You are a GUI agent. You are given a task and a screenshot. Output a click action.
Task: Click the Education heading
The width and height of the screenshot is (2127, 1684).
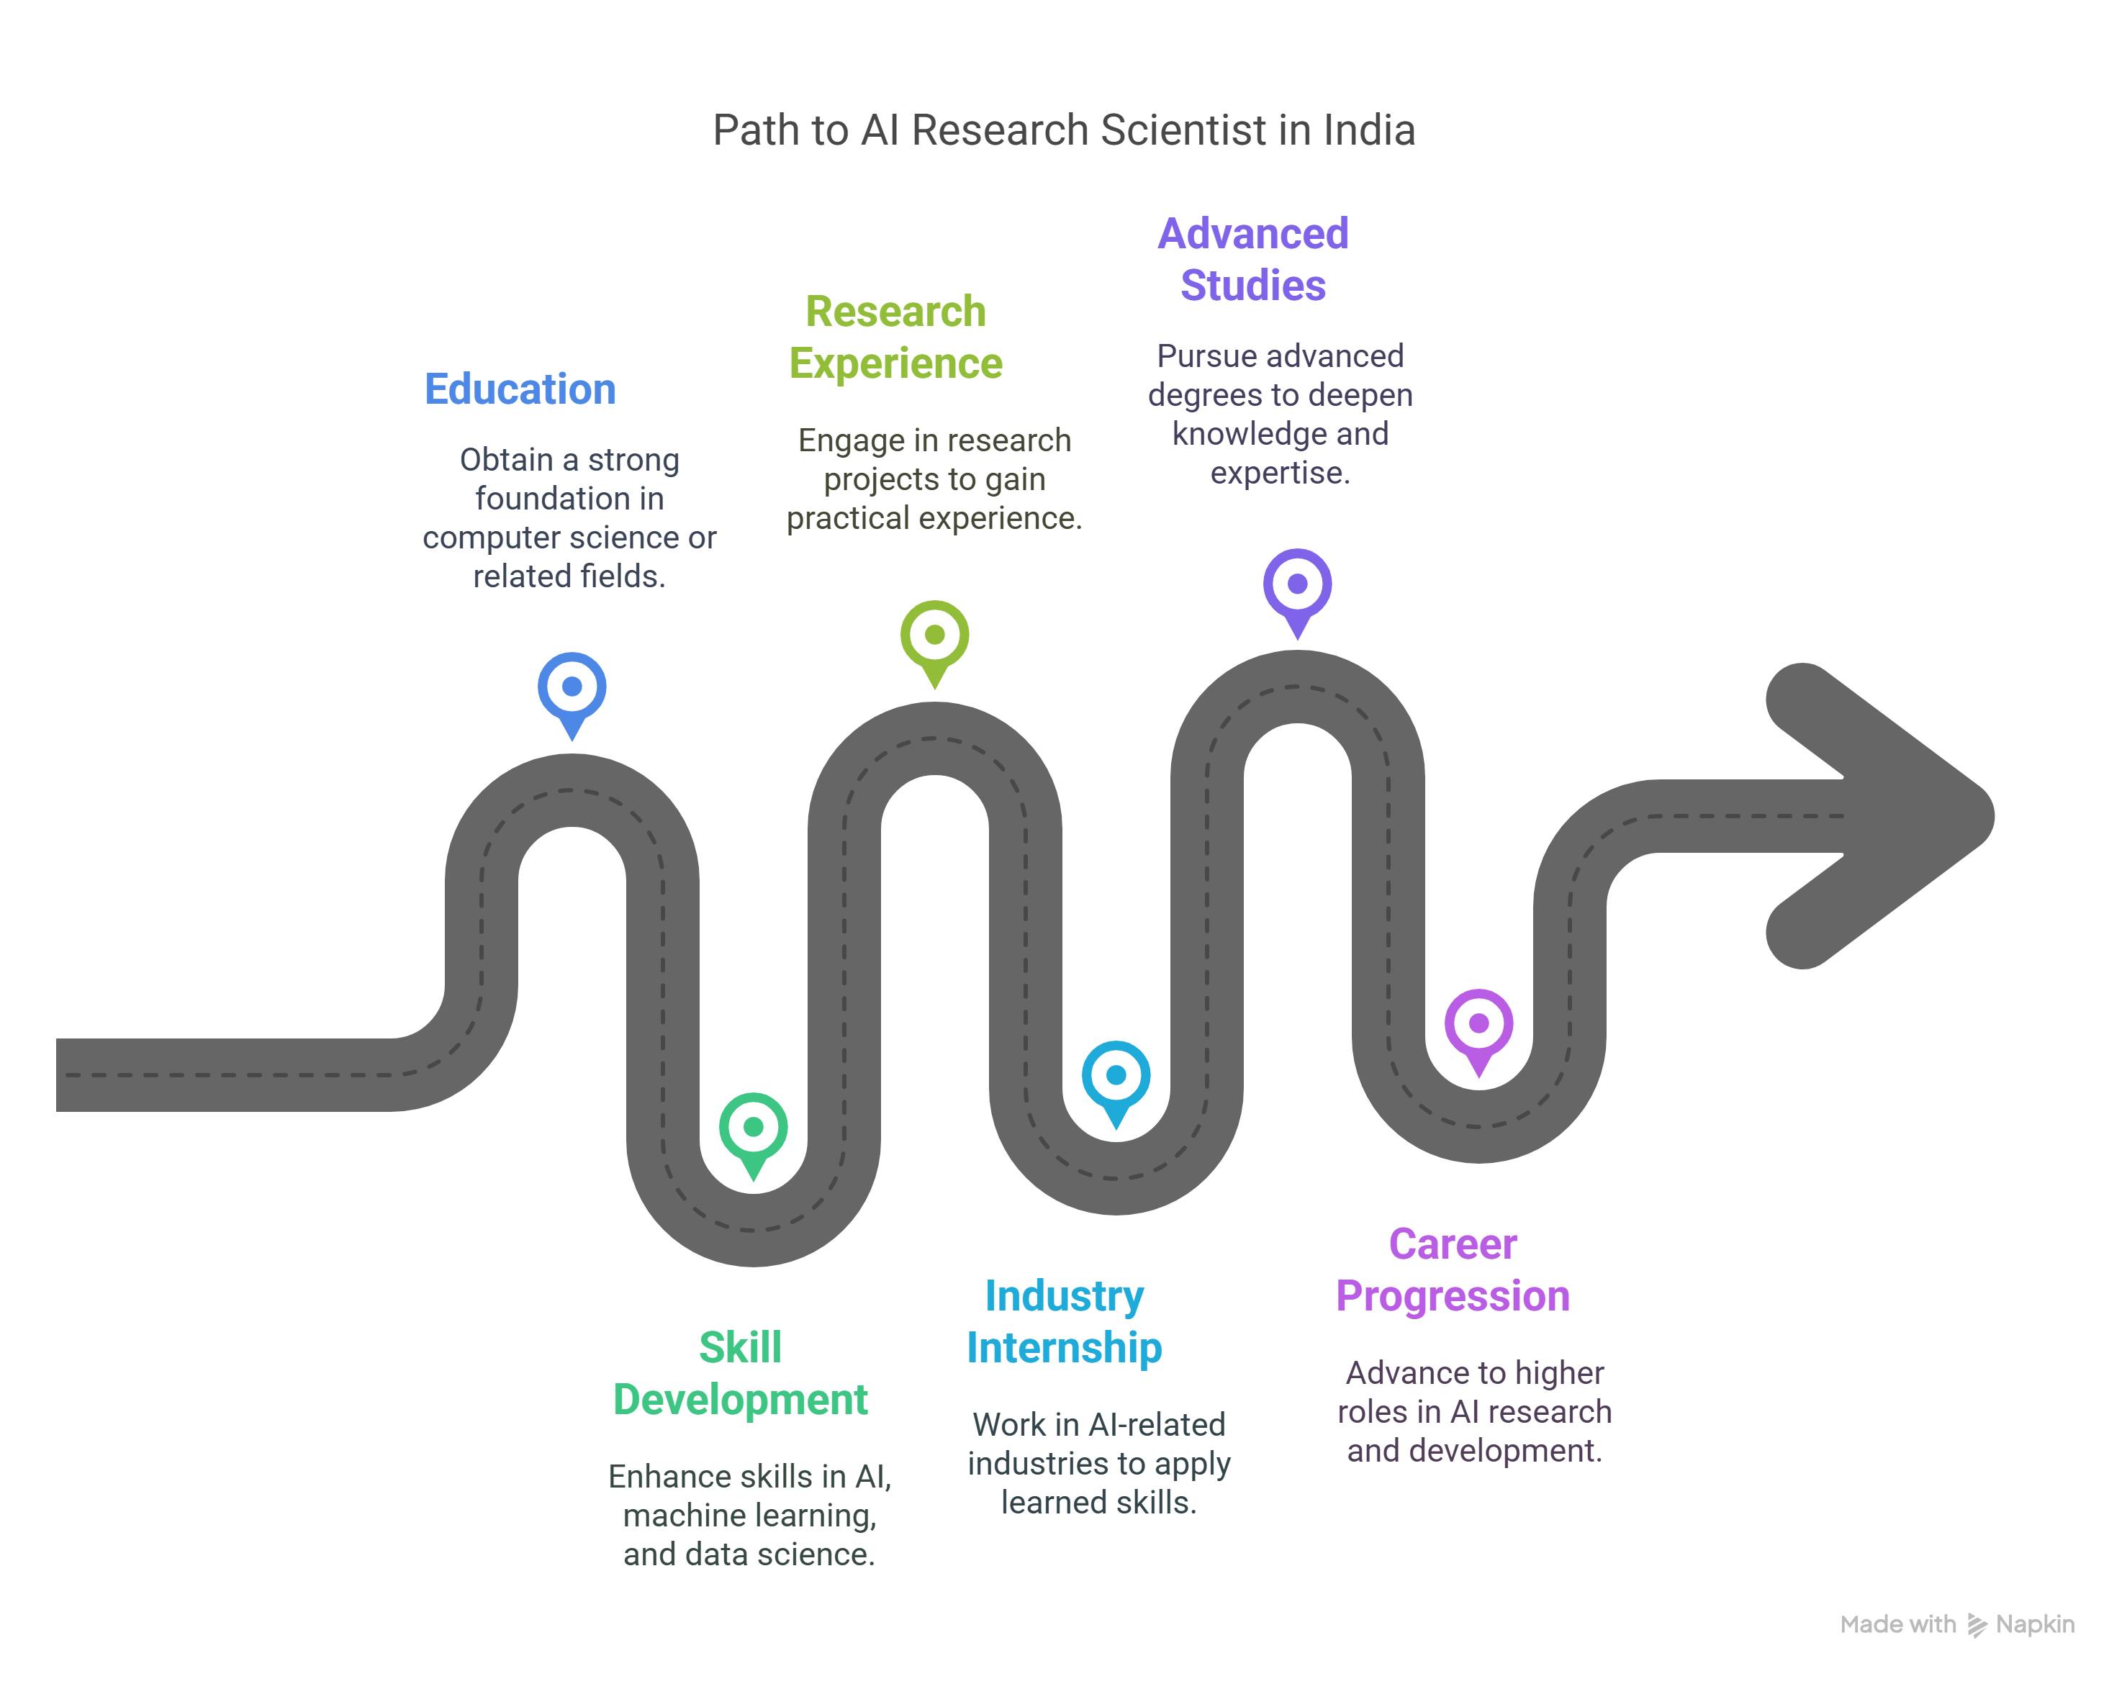(520, 389)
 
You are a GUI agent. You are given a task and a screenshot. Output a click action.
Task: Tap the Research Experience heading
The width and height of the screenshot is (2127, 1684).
(895, 338)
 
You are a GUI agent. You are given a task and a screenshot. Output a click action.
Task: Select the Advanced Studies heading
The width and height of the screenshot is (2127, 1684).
(1252, 259)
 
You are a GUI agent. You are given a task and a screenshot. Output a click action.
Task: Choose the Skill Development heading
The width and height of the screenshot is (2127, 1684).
(739, 1373)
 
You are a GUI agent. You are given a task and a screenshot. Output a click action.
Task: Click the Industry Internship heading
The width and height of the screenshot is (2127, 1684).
(1064, 1321)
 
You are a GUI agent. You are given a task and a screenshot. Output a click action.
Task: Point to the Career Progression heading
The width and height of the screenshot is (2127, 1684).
(1453, 1270)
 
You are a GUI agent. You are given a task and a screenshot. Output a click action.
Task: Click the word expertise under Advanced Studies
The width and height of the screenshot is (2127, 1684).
(1279, 474)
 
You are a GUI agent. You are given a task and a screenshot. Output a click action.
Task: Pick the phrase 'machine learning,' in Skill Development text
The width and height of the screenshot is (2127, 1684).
(749, 1516)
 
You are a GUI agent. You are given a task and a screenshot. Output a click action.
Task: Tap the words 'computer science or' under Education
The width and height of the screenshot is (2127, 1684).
(569, 538)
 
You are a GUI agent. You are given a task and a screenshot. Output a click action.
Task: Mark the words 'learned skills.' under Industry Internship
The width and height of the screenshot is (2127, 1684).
(1098, 1503)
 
